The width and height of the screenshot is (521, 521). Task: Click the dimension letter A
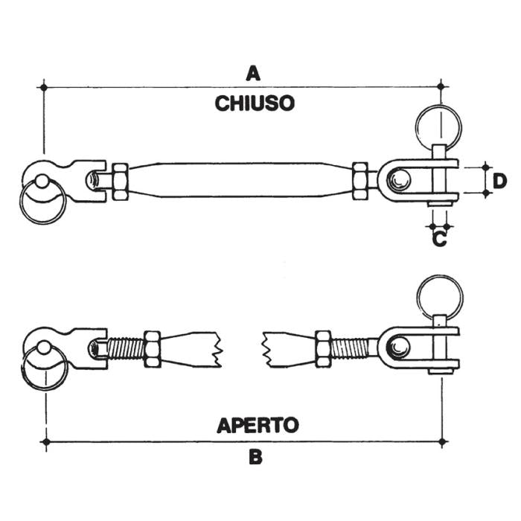[x=255, y=73]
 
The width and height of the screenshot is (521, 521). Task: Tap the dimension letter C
[x=439, y=240]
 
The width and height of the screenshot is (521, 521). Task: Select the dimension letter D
[x=500, y=180]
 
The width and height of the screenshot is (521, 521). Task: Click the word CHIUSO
[x=255, y=103]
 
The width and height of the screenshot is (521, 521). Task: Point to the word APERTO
[x=258, y=425]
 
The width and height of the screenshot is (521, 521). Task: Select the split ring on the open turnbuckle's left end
[x=43, y=369]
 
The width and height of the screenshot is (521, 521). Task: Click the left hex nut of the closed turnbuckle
[x=119, y=180]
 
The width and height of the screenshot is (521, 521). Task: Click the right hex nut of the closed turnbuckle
[x=361, y=180]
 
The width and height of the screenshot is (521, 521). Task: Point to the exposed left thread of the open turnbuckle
[x=124, y=348]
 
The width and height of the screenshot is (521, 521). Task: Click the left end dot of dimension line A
[x=44, y=88]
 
